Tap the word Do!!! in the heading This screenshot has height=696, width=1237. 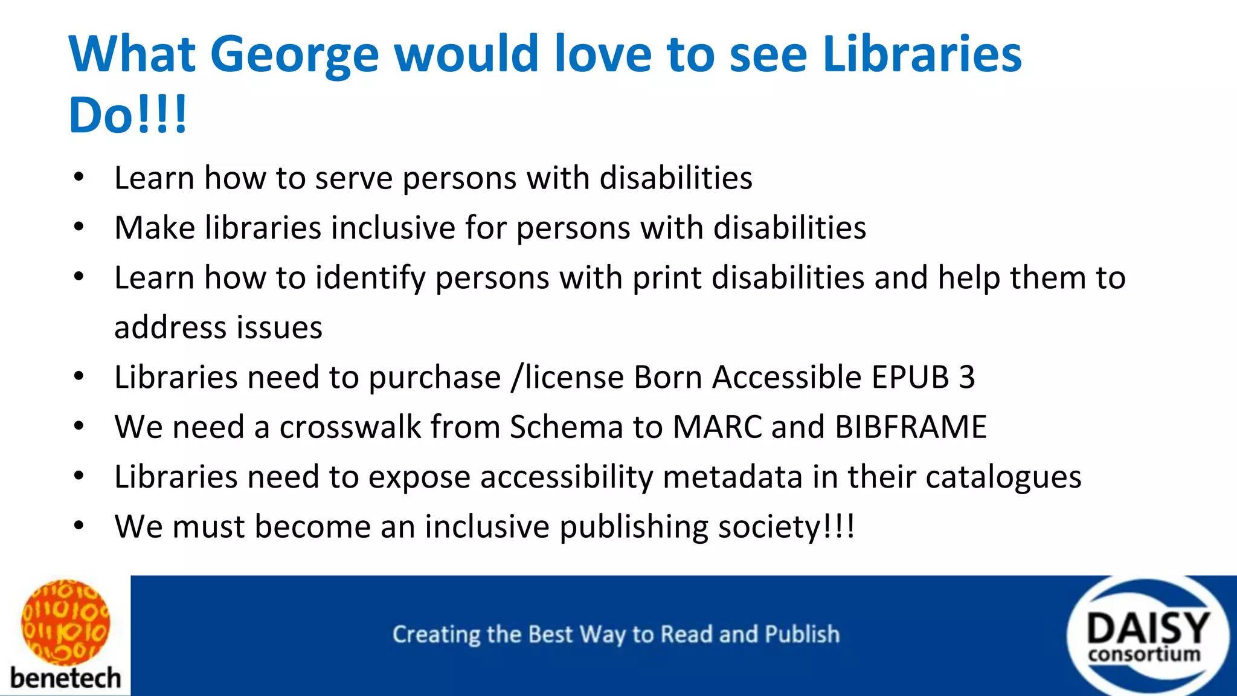tap(128, 115)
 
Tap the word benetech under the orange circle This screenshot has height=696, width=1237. tap(65, 678)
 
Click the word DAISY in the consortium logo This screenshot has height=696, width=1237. tap(1148, 629)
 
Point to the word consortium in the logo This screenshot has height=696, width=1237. tap(1144, 654)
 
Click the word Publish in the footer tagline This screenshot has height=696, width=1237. tap(802, 634)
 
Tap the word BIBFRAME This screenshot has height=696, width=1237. tap(911, 427)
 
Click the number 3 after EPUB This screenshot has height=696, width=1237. tap(967, 377)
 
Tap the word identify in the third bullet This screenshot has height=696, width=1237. tap(370, 278)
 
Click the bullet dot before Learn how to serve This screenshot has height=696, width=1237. tap(79, 178)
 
